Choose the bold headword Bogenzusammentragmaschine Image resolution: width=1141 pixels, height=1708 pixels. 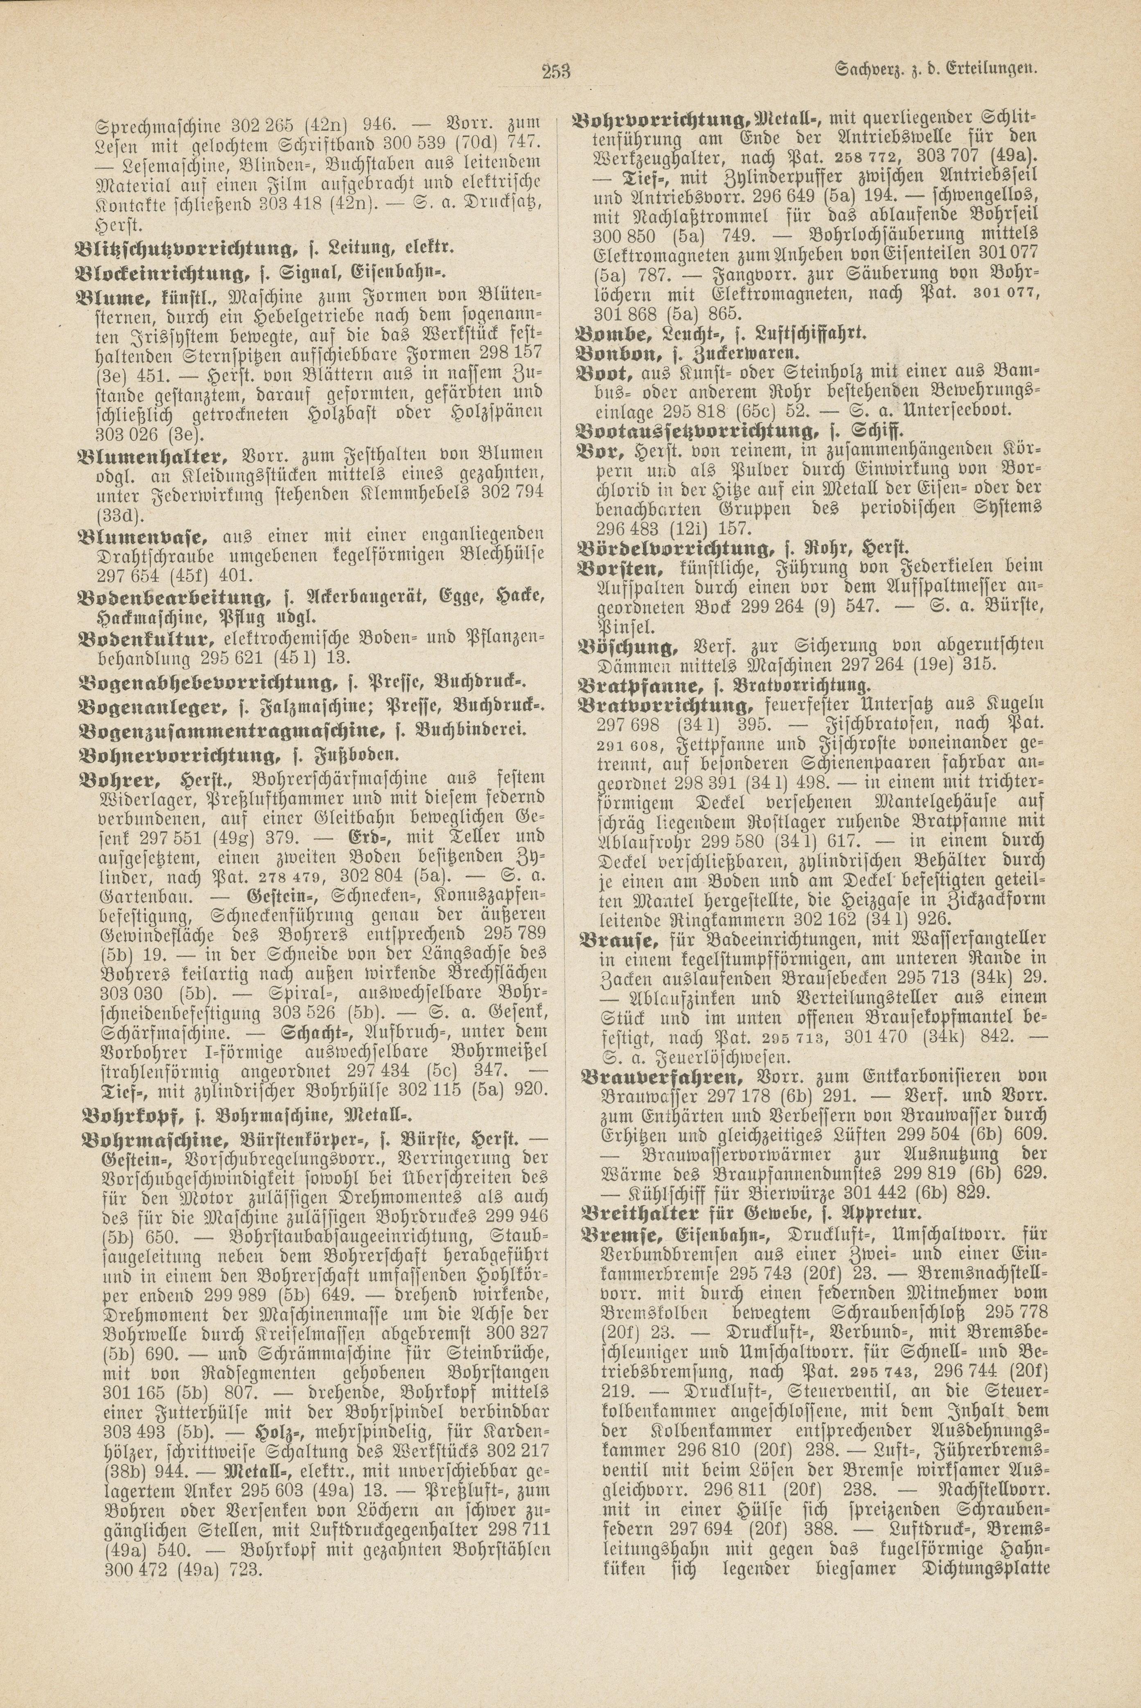tap(229, 730)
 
